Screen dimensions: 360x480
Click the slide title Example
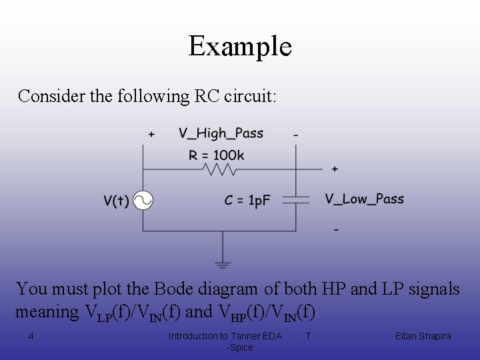click(x=240, y=46)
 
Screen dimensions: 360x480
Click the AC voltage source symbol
click(x=142, y=201)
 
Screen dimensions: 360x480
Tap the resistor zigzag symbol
click(x=220, y=169)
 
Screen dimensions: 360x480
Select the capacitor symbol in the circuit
click(x=296, y=199)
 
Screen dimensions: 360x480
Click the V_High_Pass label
click(x=221, y=133)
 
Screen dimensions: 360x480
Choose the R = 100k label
click(x=217, y=155)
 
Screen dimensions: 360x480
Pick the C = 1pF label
click(x=248, y=201)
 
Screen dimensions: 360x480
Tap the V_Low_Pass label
click(x=365, y=199)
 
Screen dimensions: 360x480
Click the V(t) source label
click(x=116, y=201)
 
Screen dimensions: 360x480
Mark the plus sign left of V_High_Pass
click(x=151, y=135)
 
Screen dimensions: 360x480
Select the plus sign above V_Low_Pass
click(x=335, y=169)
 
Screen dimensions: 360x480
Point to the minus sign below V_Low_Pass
click(x=335, y=230)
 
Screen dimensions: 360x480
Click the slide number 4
click(x=31, y=336)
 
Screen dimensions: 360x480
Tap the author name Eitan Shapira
click(x=423, y=336)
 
